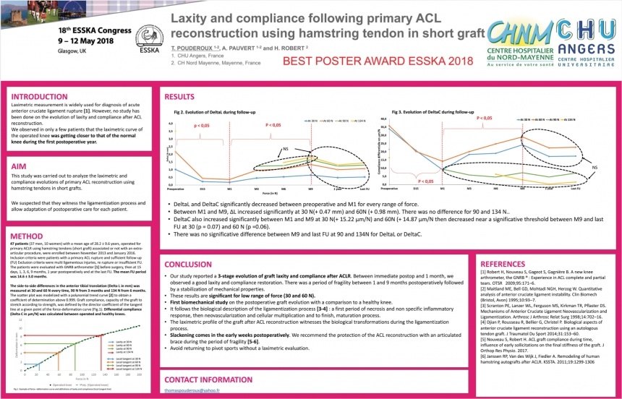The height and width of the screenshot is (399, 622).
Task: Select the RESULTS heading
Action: pyautogui.click(x=179, y=96)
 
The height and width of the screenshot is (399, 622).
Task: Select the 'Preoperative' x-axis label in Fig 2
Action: pyautogui.click(x=176, y=189)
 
